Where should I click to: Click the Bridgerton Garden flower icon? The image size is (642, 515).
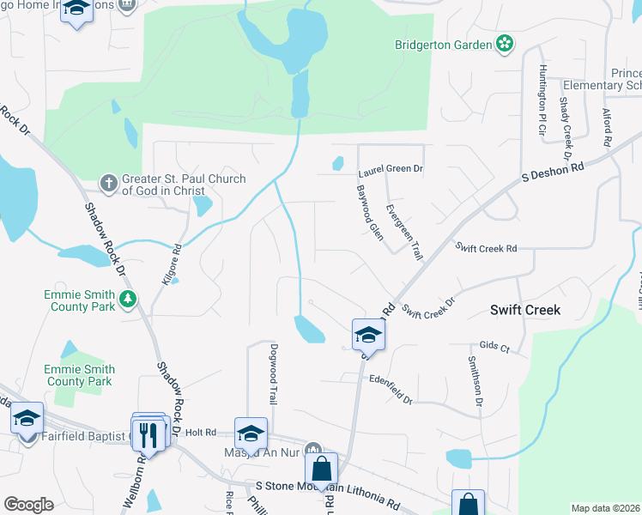505,44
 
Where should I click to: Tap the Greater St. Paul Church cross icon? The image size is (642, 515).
108,182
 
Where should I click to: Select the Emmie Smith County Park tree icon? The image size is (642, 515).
128,299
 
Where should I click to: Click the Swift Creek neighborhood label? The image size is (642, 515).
525,310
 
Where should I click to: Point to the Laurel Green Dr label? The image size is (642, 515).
391,171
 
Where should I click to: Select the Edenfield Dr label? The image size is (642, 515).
391,389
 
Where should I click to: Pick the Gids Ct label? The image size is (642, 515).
494,347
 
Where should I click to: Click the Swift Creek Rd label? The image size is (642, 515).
486,248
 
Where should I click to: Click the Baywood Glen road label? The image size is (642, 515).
370,213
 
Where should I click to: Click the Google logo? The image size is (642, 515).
28,505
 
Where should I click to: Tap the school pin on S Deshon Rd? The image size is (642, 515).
368,335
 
